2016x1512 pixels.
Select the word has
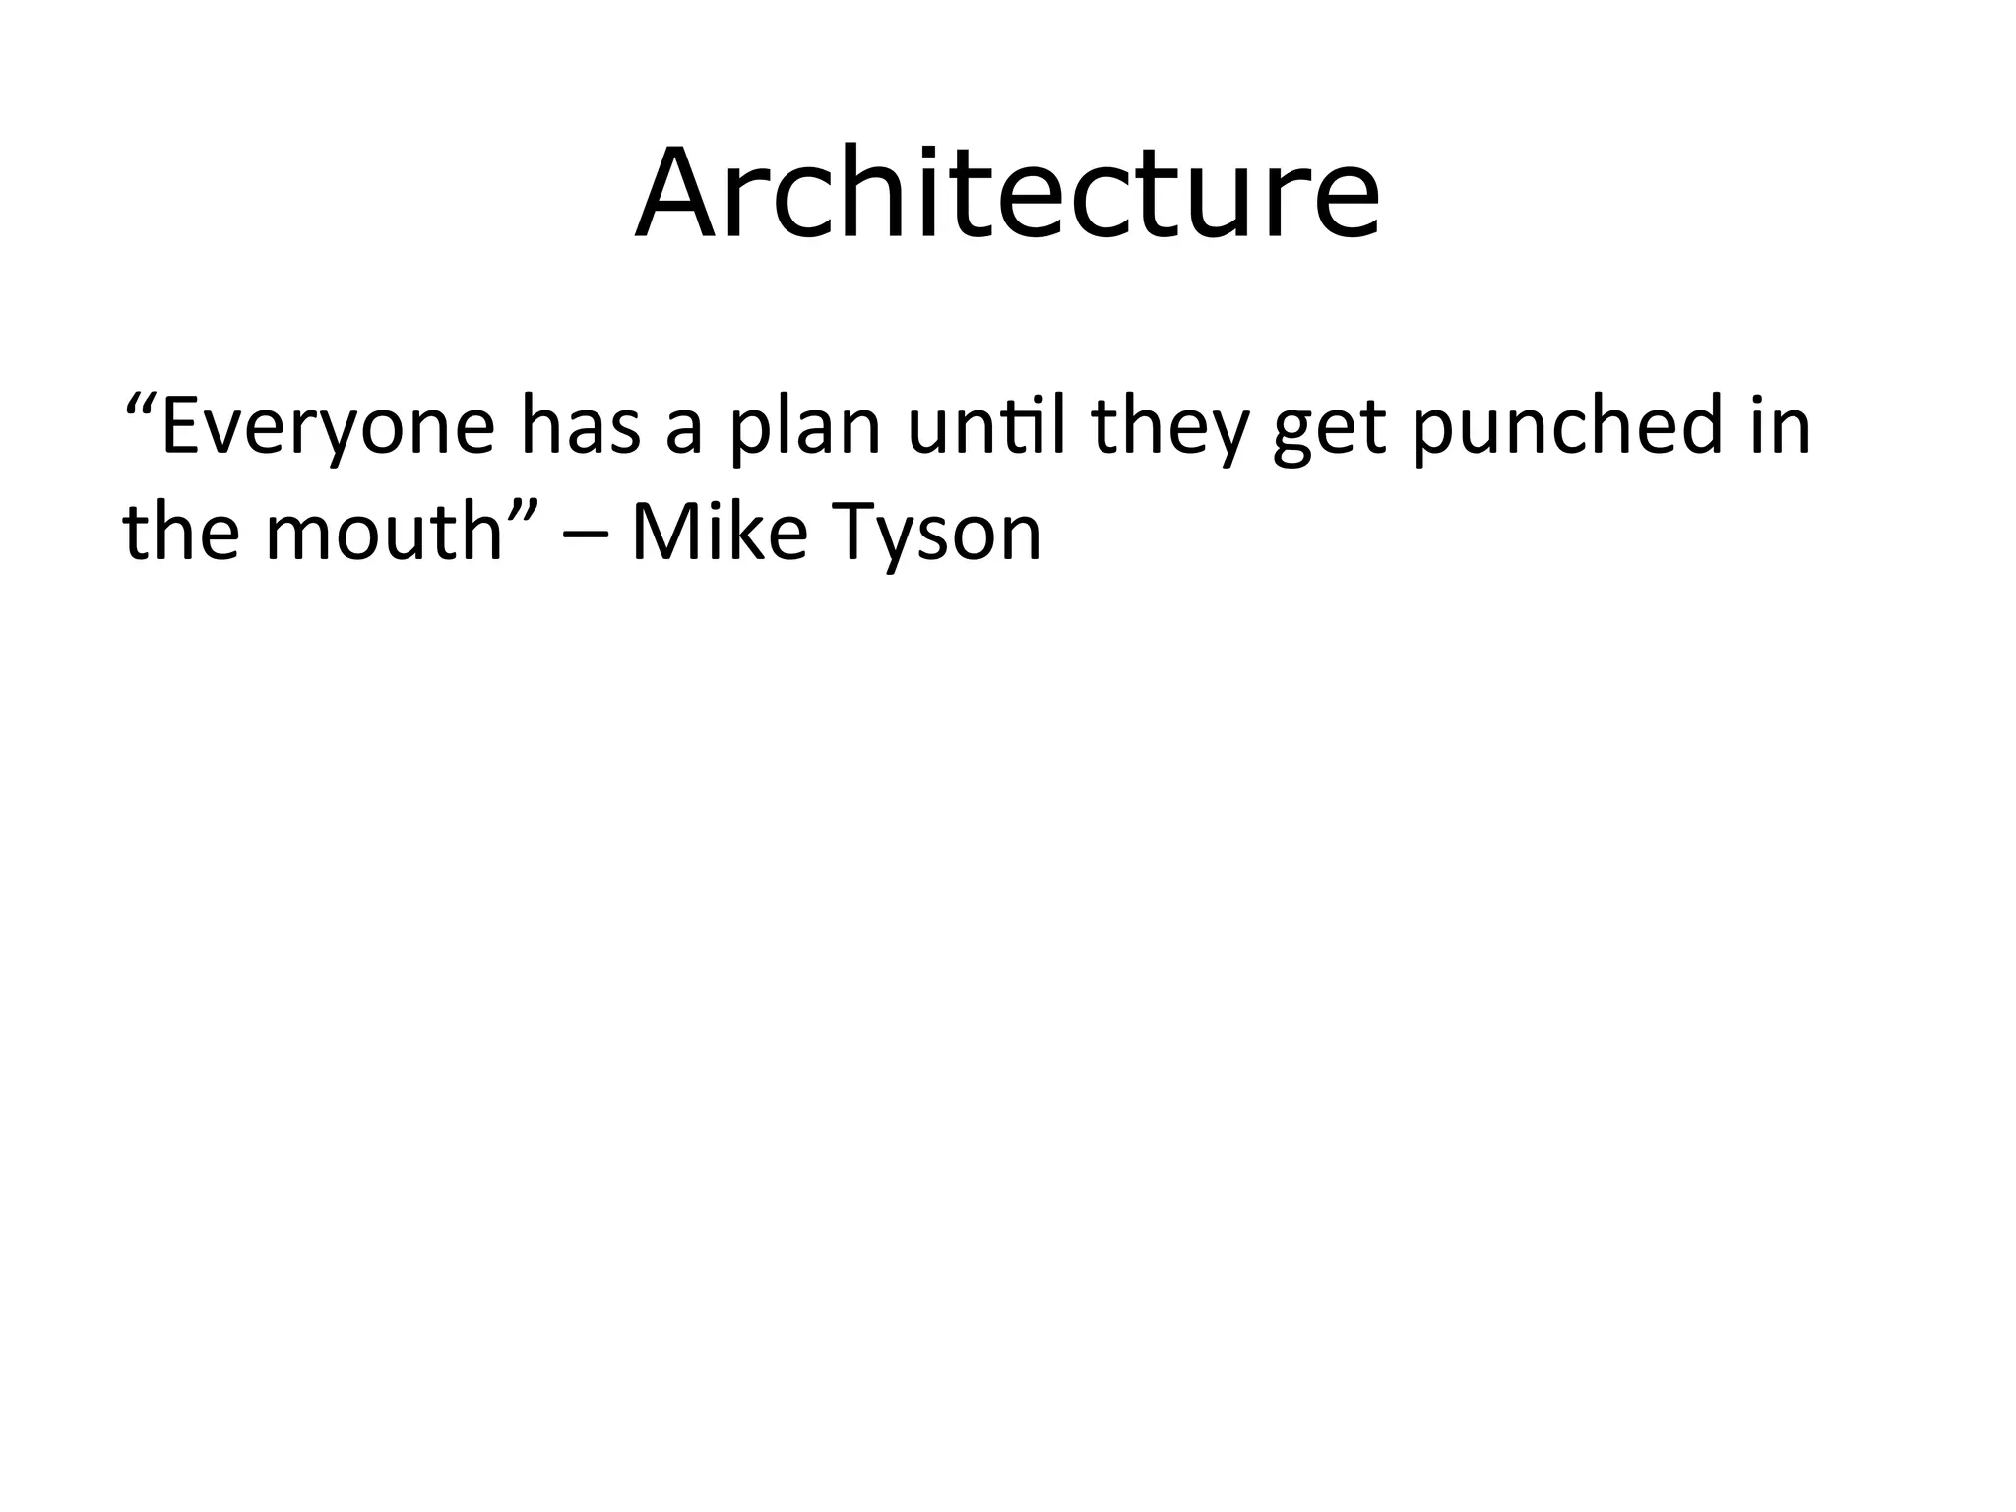(x=581, y=426)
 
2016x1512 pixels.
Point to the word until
(x=986, y=426)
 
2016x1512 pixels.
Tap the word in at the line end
(x=1781, y=426)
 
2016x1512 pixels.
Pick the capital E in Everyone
(x=183, y=426)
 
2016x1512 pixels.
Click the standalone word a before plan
(x=683, y=433)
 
